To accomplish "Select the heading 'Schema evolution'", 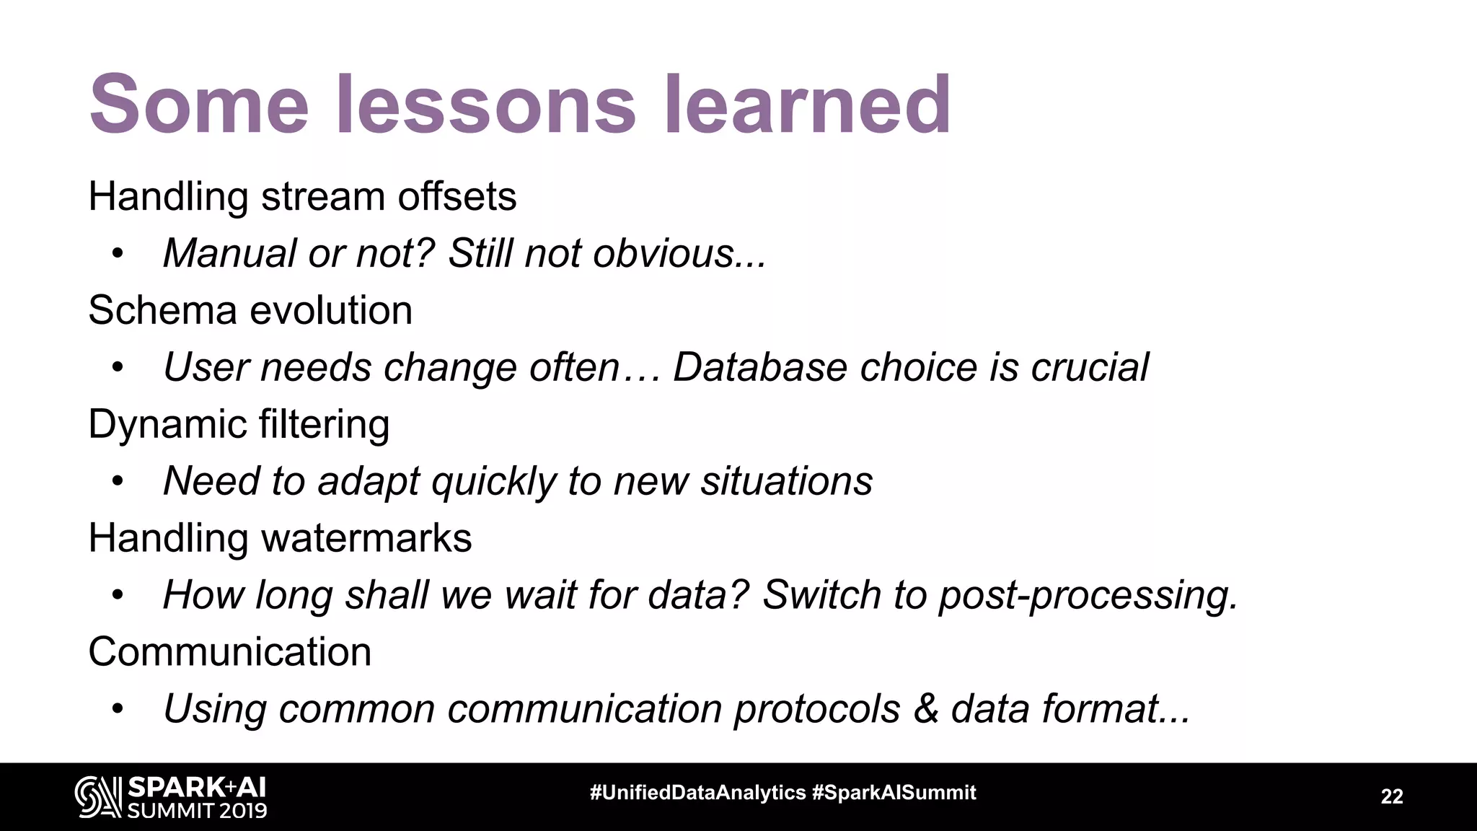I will coord(250,310).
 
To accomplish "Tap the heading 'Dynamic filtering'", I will coord(239,424).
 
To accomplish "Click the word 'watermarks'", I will coord(366,538).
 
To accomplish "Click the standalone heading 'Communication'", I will coord(229,652).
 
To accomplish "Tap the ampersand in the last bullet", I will coord(925,709).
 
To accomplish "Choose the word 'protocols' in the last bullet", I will coord(817,709).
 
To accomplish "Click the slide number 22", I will coord(1391,796).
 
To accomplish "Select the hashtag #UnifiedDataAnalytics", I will coord(697,793).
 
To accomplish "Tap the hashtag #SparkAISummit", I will coord(894,793).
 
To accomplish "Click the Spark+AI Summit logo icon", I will coord(97,797).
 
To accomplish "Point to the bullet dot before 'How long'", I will coord(118,596).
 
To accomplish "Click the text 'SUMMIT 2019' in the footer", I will coord(197,810).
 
